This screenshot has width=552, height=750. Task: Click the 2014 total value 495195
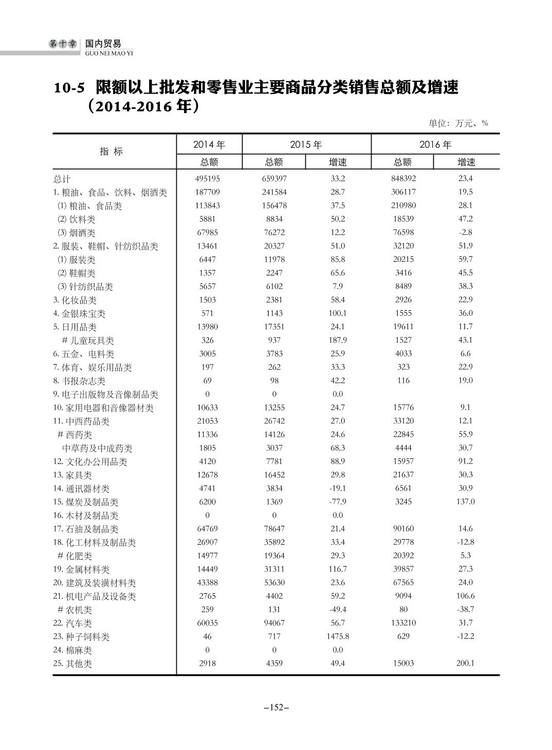tap(208, 178)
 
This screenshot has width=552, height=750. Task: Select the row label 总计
tap(62, 179)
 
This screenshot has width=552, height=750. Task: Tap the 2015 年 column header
tap(306, 145)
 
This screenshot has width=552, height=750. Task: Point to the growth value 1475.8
tap(338, 636)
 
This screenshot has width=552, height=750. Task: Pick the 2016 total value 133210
tap(403, 623)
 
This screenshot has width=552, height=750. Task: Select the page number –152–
tap(276, 707)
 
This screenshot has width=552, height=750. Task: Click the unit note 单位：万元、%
tap(458, 123)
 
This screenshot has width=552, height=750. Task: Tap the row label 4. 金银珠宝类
tap(79, 313)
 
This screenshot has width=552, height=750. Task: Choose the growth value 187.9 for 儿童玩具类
tap(338, 340)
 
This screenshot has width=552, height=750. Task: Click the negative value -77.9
tap(337, 502)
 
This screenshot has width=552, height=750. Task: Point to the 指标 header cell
tap(112, 151)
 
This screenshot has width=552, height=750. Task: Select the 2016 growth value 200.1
tap(465, 663)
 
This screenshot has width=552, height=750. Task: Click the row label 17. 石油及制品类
tap(85, 529)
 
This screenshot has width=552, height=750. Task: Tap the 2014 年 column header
tap(209, 145)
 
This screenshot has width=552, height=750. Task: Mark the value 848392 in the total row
tap(403, 178)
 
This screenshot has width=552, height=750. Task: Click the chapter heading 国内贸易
tap(103, 44)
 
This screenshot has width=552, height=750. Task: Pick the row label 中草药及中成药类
tap(97, 448)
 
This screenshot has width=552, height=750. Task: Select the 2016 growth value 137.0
tap(465, 502)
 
